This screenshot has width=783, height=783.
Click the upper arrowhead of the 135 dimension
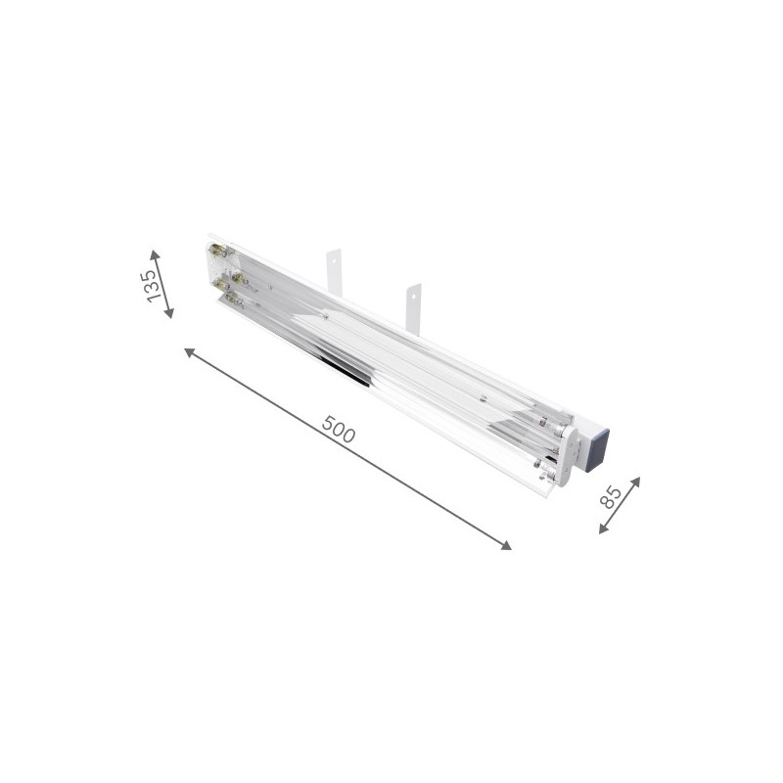[155, 253]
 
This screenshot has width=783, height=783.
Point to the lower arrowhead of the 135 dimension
[169, 314]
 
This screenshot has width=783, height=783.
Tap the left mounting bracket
[333, 267]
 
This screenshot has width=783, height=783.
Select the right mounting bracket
[414, 306]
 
